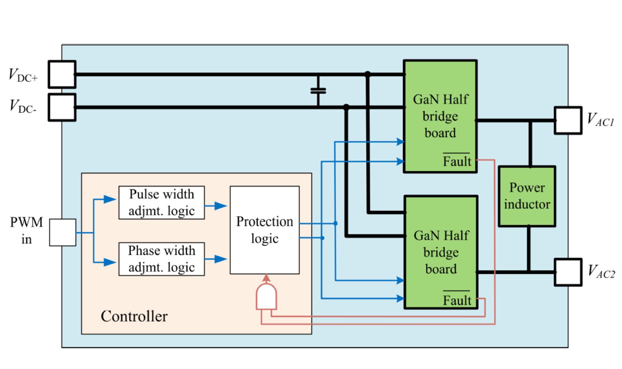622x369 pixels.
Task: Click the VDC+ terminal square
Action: click(x=62, y=74)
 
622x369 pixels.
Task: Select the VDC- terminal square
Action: click(x=62, y=107)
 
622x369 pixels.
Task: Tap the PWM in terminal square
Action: click(x=63, y=232)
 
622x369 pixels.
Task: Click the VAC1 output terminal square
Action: click(x=568, y=120)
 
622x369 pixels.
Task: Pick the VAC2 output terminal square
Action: click(x=568, y=272)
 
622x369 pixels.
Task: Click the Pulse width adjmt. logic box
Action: click(x=162, y=203)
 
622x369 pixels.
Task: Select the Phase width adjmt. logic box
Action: click(x=162, y=259)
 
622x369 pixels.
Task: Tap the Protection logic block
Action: click(x=265, y=230)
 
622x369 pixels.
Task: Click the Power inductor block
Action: click(x=527, y=196)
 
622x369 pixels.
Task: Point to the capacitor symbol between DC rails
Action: click(x=318, y=91)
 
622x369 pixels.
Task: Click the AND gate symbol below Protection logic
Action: click(x=266, y=297)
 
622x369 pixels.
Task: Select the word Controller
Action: click(x=134, y=316)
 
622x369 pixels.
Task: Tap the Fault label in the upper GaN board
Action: click(x=457, y=161)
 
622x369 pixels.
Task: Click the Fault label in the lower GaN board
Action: click(x=457, y=300)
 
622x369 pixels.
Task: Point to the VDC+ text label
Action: click(x=23, y=76)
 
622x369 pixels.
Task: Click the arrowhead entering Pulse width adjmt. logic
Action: click(x=110, y=200)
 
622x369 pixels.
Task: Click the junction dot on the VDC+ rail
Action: click(x=368, y=74)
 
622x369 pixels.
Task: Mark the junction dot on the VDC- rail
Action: click(x=346, y=107)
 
